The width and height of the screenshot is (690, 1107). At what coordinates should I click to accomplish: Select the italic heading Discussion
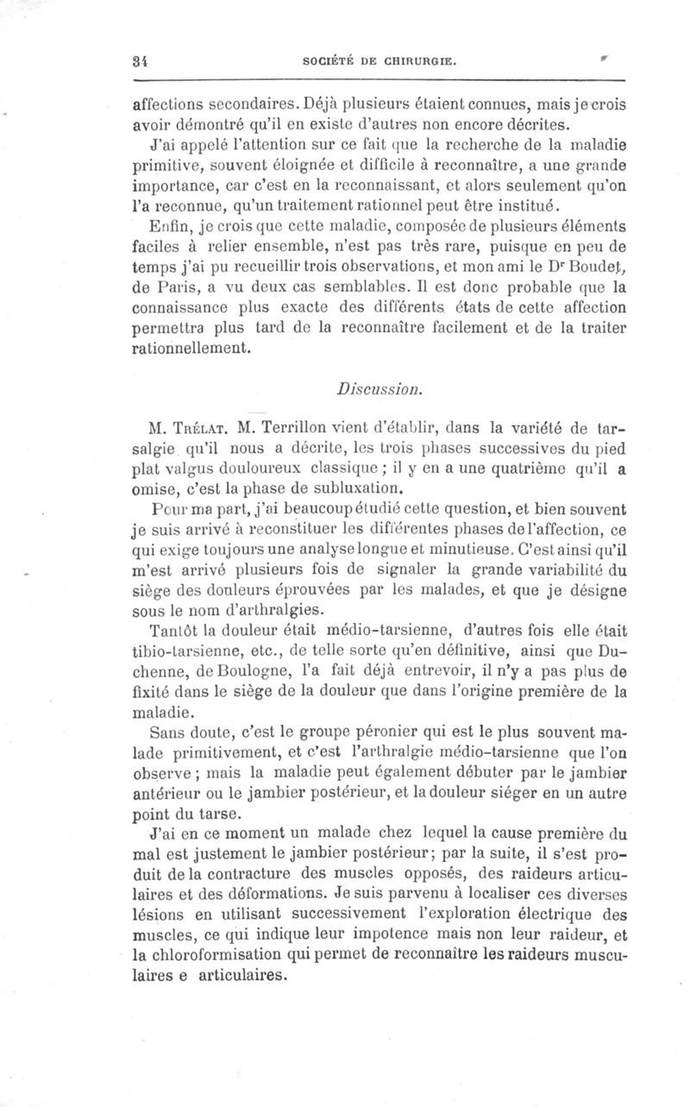pyautogui.click(x=381, y=388)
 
